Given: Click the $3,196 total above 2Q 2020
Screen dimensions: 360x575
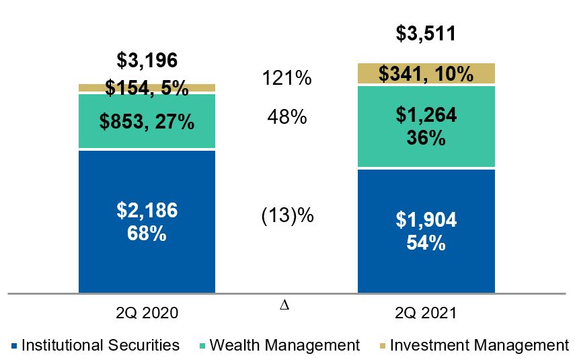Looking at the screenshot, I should tap(147, 61).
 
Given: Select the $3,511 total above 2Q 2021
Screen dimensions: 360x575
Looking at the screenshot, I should tap(425, 33).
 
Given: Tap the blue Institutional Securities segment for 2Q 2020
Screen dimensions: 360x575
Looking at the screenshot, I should tap(147, 221).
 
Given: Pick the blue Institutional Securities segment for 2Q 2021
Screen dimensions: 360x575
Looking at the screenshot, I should tap(425, 231).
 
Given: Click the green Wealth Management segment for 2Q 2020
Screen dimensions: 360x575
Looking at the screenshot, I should tap(147, 121).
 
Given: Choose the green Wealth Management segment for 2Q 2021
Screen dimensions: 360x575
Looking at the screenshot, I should tap(425, 127).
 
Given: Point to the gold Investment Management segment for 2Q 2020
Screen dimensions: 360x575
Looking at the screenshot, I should tap(147, 87).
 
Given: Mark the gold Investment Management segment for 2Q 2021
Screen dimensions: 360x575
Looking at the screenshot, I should tap(425, 73).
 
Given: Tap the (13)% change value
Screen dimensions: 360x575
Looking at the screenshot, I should tap(286, 217).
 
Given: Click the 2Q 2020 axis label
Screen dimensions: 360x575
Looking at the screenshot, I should tap(147, 313).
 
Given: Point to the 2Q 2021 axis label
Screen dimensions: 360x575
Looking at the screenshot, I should tap(425, 313).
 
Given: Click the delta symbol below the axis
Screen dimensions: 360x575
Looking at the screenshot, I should tap(284, 305).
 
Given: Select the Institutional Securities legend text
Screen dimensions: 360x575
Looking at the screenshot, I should tap(101, 346).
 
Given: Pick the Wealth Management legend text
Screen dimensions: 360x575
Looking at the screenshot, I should tap(284, 346).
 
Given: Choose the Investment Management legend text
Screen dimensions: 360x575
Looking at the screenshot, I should tap(479, 346).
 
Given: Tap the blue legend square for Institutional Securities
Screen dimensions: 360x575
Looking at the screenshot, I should tap(15, 347).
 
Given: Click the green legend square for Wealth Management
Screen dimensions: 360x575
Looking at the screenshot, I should tap(202, 347).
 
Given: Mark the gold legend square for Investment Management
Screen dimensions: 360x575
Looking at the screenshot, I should tap(382, 347).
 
